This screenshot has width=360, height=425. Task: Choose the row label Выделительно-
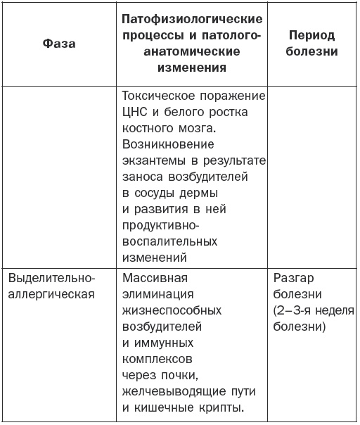click(x=51, y=277)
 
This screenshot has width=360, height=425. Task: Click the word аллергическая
click(x=51, y=293)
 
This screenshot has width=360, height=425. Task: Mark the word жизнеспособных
click(x=172, y=310)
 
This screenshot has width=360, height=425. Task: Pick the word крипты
click(x=226, y=407)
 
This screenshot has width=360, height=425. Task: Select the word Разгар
click(x=289, y=277)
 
